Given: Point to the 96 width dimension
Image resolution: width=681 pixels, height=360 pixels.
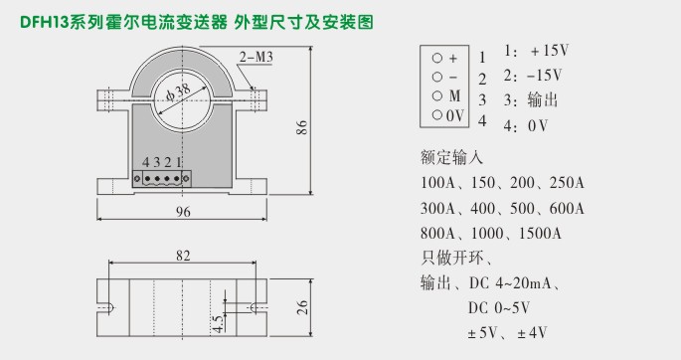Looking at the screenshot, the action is pyautogui.click(x=183, y=212).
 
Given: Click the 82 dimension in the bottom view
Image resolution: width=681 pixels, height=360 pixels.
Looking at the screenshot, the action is pyautogui.click(x=183, y=257).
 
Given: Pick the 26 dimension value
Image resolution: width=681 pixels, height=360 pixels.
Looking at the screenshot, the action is pyautogui.click(x=301, y=307).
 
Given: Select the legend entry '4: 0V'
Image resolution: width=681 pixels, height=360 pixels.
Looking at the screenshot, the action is pyautogui.click(x=526, y=125).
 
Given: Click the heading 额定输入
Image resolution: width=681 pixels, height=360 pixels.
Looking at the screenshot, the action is pyautogui.click(x=451, y=157).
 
